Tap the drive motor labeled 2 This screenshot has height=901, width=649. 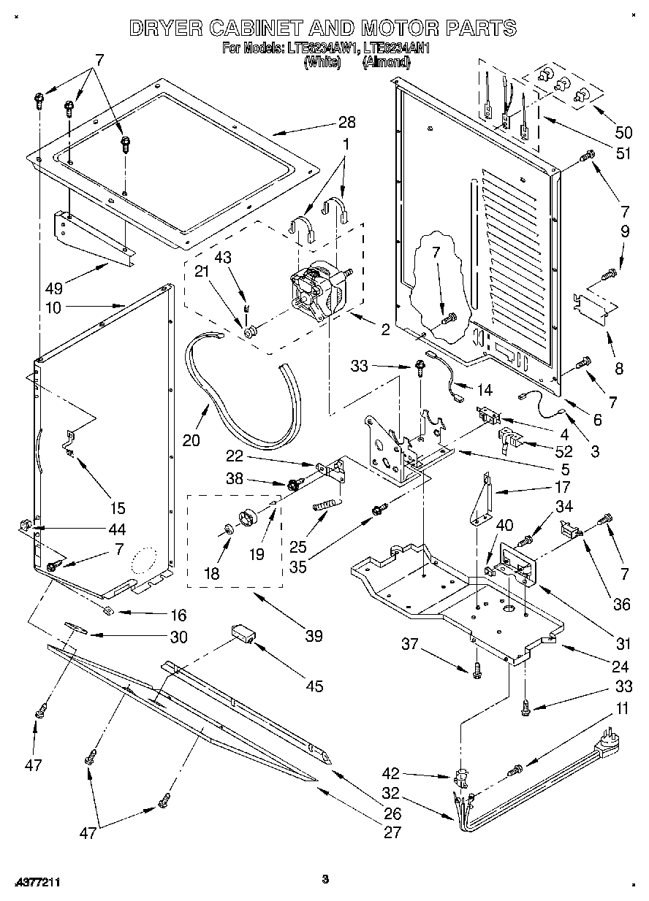coord(318,288)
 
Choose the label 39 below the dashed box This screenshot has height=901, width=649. coord(314,636)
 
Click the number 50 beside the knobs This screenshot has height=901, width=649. coord(623,132)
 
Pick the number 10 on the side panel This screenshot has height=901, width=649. coord(53,307)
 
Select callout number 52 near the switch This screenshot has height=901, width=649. coord(563,451)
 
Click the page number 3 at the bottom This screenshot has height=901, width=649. coord(325,879)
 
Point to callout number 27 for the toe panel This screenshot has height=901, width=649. coord(392,832)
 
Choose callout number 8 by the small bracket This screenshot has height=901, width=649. coord(619,369)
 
